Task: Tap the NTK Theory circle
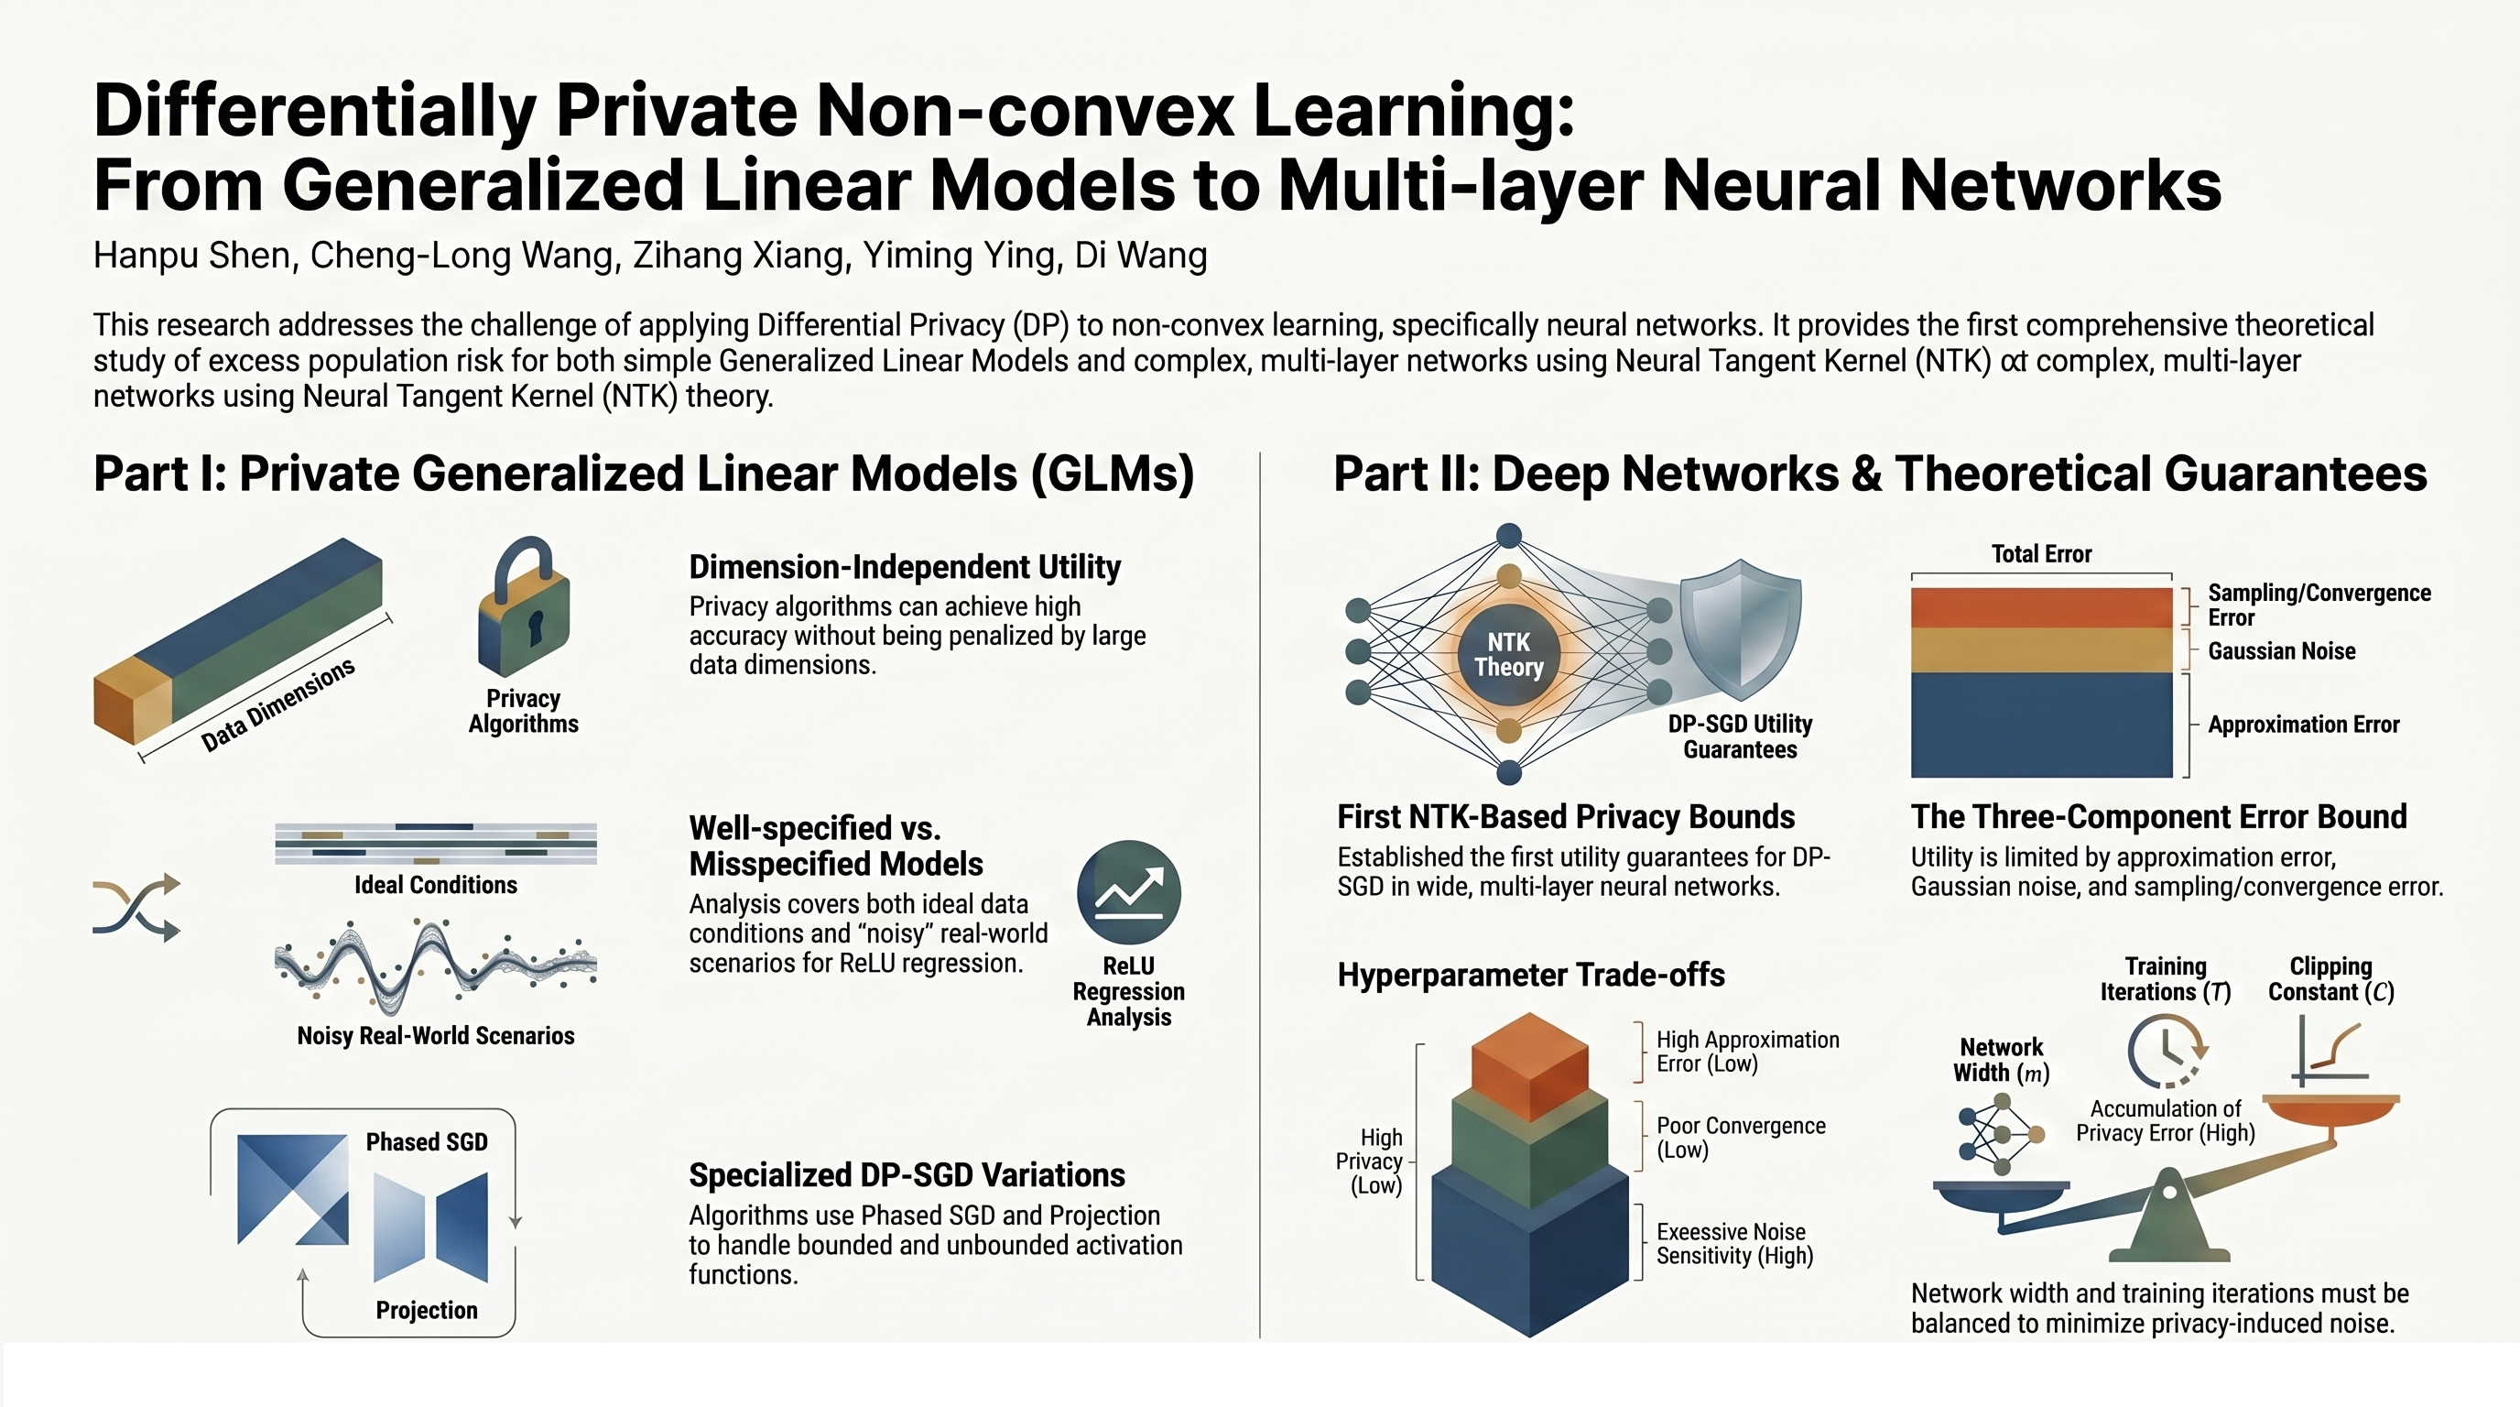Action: (x=1508, y=655)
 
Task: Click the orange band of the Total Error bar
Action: (x=2041, y=607)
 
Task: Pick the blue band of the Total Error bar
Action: (x=2041, y=724)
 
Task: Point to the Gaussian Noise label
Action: (x=2280, y=651)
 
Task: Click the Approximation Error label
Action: (x=2303, y=725)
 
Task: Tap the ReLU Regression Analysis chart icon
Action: (x=1129, y=892)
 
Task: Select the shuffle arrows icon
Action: (x=137, y=907)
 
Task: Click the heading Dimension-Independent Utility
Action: (x=904, y=568)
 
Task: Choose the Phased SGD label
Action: (x=427, y=1142)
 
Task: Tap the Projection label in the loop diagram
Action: (x=427, y=1310)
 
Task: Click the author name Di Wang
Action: (x=1141, y=256)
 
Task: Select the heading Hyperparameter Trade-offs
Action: (x=1530, y=976)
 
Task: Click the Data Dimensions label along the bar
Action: (x=277, y=704)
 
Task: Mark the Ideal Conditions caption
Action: (x=435, y=886)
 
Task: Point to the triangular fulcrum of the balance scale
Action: (x=2168, y=1218)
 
